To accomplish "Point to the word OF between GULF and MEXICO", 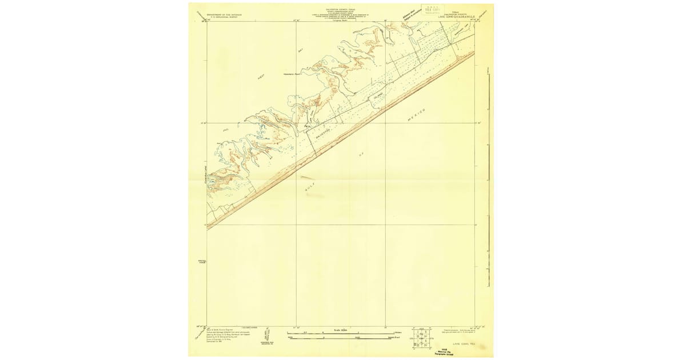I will [361, 154].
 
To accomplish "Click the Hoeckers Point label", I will [292, 74].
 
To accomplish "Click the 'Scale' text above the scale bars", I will [340, 330].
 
